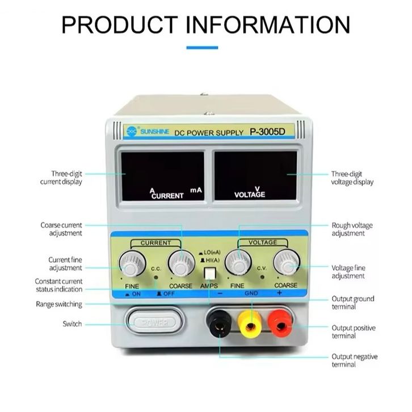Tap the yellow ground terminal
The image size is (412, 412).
click(249, 325)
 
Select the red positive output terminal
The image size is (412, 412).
click(280, 325)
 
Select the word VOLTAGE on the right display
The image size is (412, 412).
click(250, 195)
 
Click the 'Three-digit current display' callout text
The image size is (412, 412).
click(61, 178)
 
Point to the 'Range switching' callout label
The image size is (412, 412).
click(58, 304)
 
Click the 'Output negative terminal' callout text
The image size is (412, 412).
click(355, 360)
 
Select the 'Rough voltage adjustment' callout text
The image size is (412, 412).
click(352, 229)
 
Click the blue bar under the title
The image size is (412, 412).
click(202, 48)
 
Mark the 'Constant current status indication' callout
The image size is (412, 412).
click(58, 285)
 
